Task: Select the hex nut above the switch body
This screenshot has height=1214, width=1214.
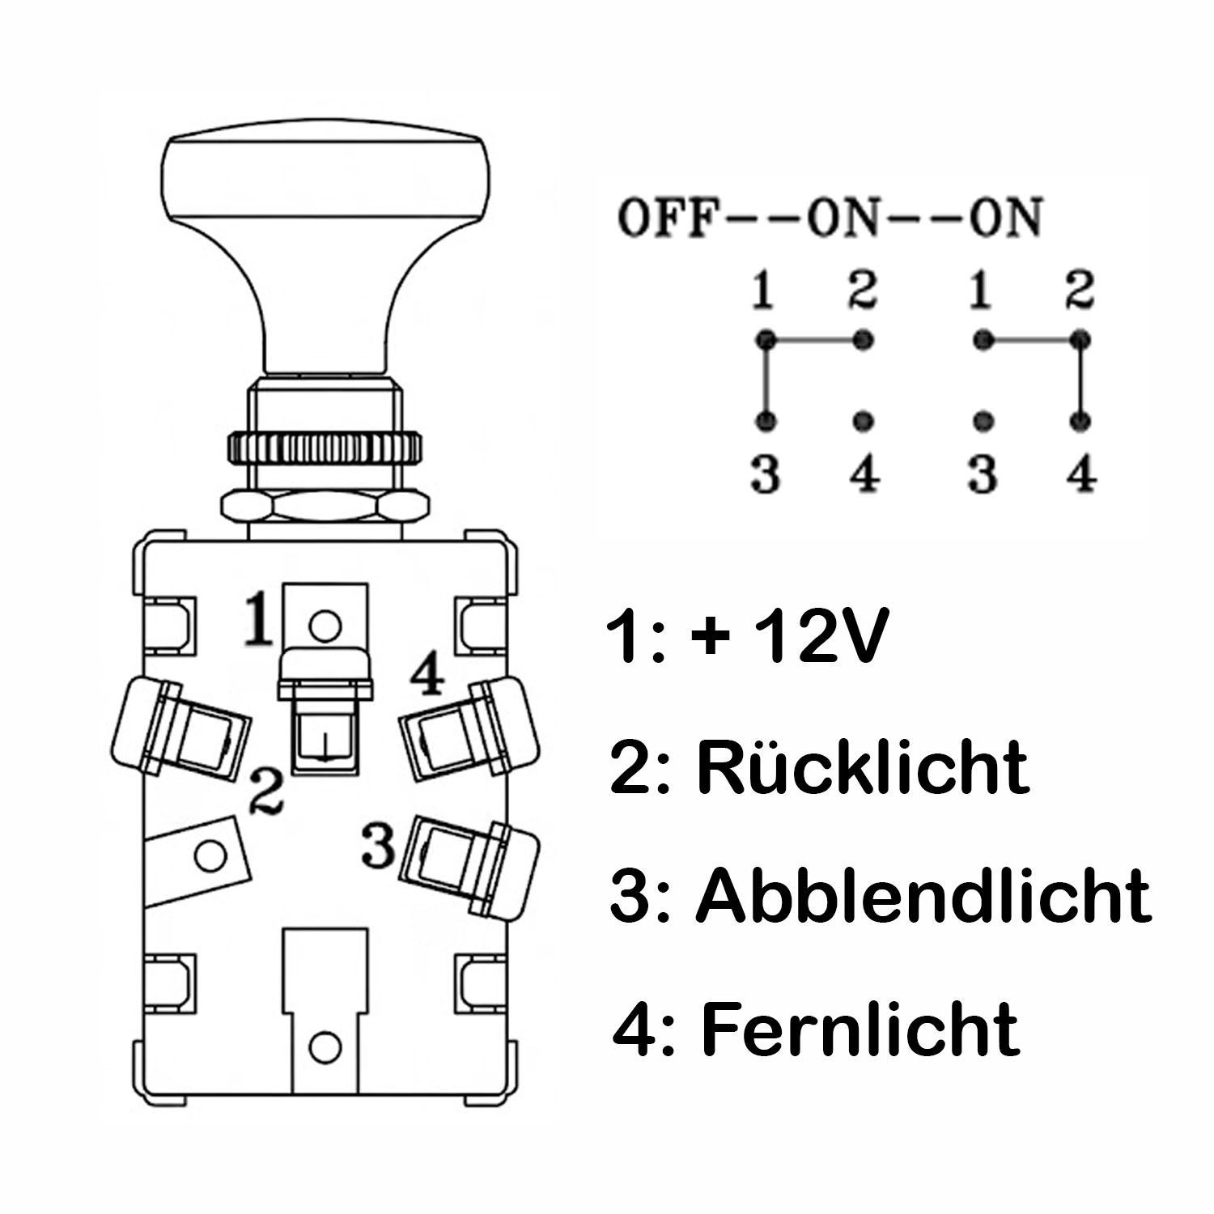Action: click(x=325, y=506)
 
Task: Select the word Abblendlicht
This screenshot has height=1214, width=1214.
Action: click(x=923, y=896)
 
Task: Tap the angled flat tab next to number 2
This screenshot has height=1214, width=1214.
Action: click(x=197, y=858)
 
